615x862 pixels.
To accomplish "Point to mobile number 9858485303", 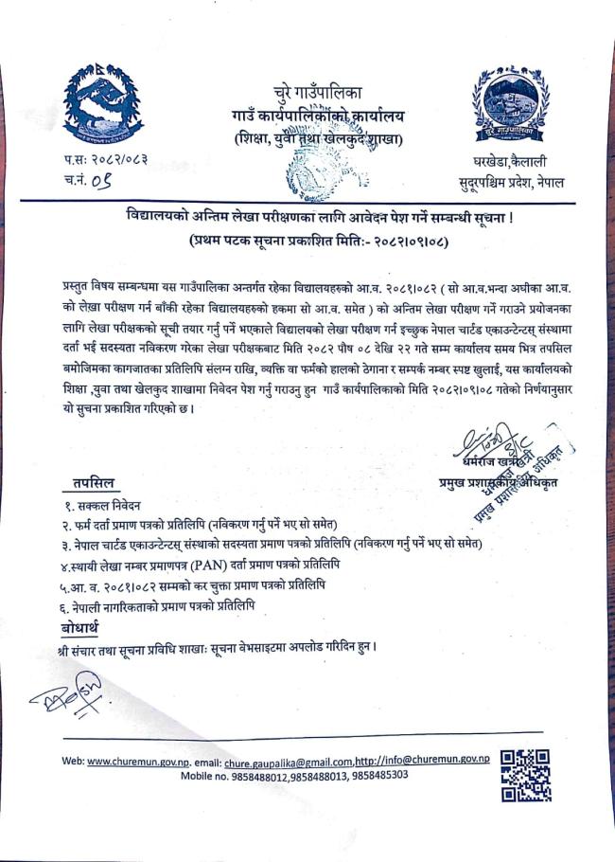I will click(378, 775).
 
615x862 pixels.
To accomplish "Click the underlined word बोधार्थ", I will click(82, 627).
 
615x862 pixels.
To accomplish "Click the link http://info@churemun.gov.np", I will click(423, 761).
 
